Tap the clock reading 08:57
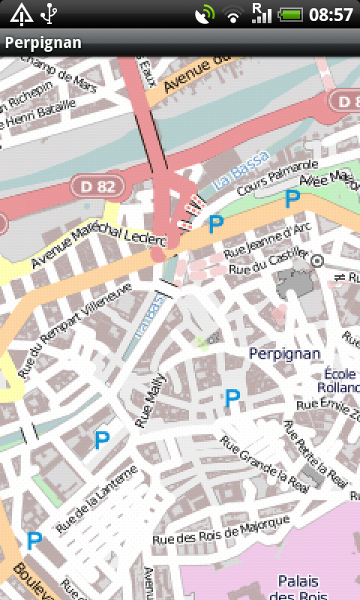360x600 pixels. point(331,14)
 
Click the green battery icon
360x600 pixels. point(289,14)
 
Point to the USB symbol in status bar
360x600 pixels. point(49,13)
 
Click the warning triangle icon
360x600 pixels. point(21,13)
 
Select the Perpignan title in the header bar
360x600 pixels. point(43,43)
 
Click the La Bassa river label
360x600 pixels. point(239,170)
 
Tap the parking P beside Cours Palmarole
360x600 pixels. point(292,199)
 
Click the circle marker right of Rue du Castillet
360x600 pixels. point(317,260)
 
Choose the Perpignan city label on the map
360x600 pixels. point(284,352)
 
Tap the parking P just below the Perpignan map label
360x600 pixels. point(232,398)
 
